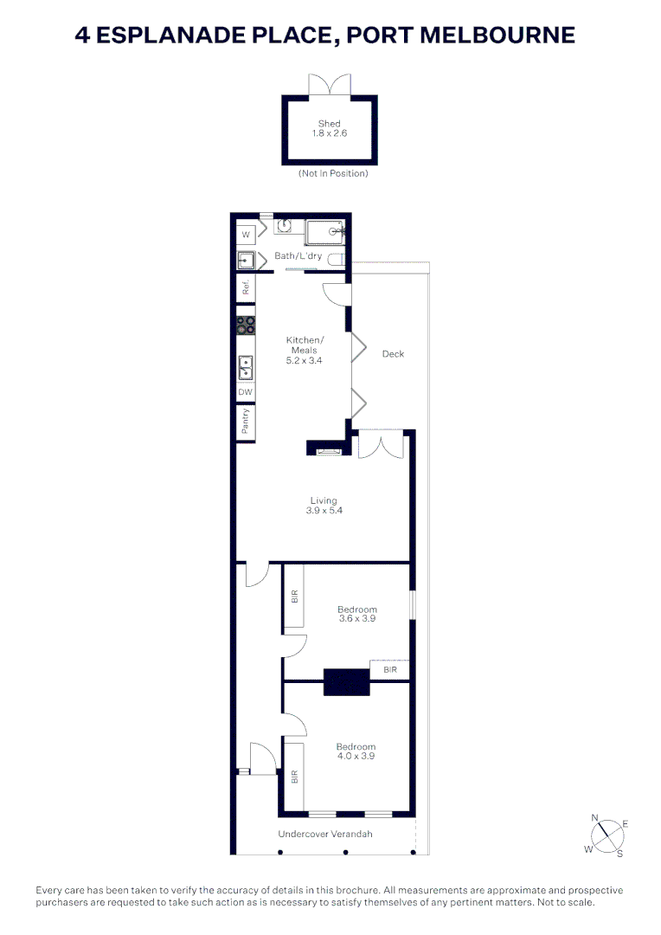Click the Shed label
point(329,124)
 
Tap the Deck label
point(393,354)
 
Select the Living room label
point(324,500)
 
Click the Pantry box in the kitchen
point(246,422)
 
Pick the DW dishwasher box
point(246,392)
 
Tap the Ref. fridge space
point(246,288)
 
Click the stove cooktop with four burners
point(246,326)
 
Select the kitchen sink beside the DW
point(246,368)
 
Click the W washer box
point(246,235)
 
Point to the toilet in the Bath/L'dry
point(341,259)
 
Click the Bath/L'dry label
point(298,256)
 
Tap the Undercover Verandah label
point(325,835)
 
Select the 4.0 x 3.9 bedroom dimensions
point(356,757)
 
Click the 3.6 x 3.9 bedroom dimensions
point(356,619)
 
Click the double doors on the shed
point(330,86)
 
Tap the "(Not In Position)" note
point(333,173)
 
